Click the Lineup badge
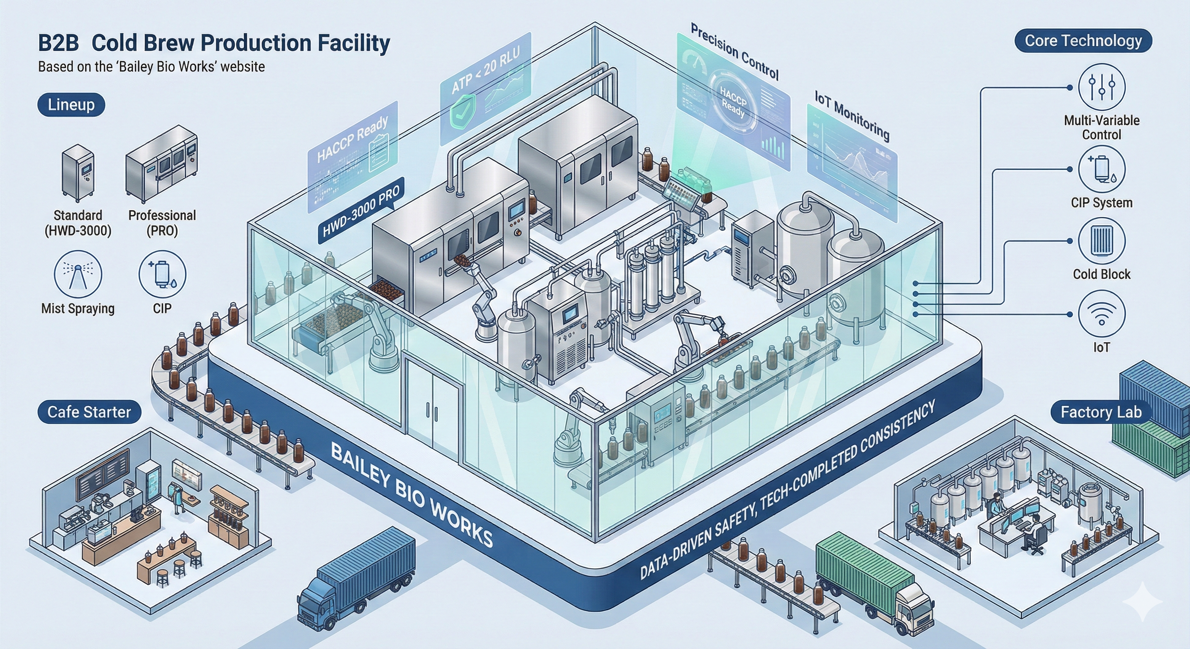click(x=71, y=105)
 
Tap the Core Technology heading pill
click(x=1083, y=41)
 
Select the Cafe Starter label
click(x=89, y=412)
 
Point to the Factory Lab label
click(x=1101, y=412)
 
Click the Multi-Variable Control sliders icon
click(x=1101, y=87)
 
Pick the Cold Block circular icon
click(x=1101, y=241)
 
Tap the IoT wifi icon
click(x=1101, y=314)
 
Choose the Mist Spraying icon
click(x=78, y=274)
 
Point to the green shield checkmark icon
click(x=462, y=109)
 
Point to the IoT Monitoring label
click(x=852, y=115)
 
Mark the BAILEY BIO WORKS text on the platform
click(x=411, y=494)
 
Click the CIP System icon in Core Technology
click(x=1101, y=169)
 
